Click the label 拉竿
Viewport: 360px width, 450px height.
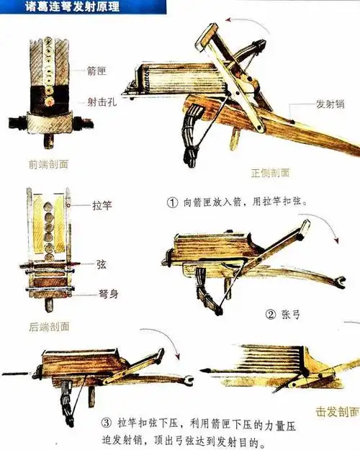coord(102,204)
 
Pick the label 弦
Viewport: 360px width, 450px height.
coord(102,264)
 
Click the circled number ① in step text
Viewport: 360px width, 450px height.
coord(171,202)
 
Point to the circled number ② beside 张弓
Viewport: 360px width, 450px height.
coord(271,314)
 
